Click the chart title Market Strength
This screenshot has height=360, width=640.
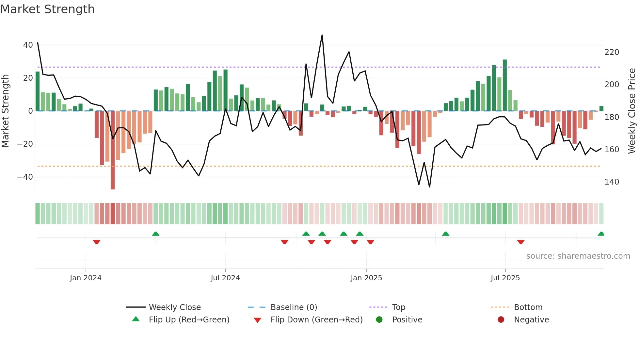tap(47, 9)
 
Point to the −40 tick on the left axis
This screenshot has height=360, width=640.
tap(25, 177)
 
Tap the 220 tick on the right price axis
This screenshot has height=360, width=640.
tap(612, 52)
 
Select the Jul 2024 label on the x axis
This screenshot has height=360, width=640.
tap(225, 278)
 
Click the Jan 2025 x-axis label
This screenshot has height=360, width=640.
tap(366, 278)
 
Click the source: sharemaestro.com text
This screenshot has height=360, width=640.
tap(578, 256)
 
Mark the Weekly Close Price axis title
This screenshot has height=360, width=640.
tap(632, 111)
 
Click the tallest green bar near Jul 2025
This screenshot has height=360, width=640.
tap(505, 85)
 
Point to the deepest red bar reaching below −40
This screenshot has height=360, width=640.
tap(113, 150)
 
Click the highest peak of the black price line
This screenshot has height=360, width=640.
tap(322, 35)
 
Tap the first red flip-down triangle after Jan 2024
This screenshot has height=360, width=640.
tap(96, 242)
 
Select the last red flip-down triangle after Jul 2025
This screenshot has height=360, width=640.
tap(521, 242)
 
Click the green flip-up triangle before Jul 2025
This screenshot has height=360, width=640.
tap(446, 234)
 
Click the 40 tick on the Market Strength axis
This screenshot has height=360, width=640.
tap(28, 45)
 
